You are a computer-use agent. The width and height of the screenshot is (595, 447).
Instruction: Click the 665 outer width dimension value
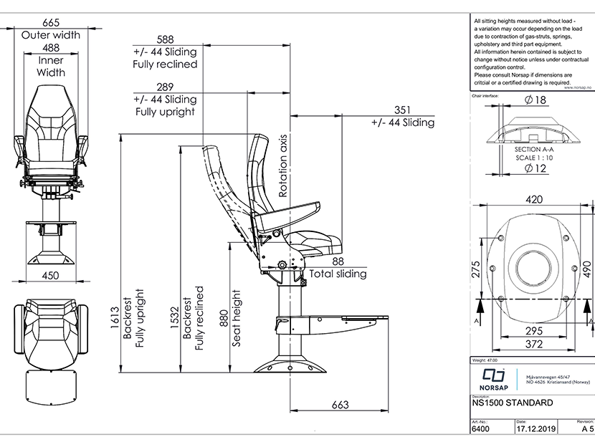(51, 21)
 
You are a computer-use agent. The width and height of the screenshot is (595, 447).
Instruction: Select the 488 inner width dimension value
(51, 47)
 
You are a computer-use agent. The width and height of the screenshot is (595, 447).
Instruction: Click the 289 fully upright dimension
(164, 87)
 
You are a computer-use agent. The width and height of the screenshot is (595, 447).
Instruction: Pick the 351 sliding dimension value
(402, 110)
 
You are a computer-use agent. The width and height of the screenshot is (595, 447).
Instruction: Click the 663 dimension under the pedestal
(340, 405)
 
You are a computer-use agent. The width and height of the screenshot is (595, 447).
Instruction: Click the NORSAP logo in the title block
(492, 378)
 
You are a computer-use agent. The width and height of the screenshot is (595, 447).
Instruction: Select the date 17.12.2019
(535, 430)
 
